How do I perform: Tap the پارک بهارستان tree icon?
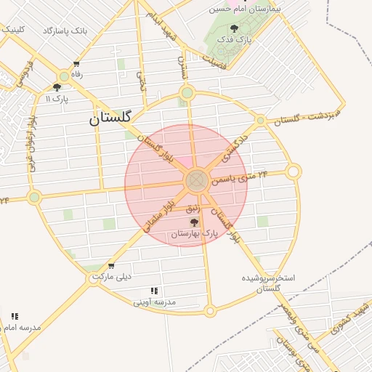tap(193, 222)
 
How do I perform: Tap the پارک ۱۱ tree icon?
tap(57, 87)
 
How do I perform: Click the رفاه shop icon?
tap(76, 64)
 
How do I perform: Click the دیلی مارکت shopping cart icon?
tap(110, 265)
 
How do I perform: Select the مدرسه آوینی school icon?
tap(155, 291)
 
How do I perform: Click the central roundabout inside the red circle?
tap(196, 180)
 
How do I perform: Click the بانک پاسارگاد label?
tap(65, 31)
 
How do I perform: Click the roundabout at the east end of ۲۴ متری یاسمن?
tap(293, 171)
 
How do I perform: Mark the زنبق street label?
tap(193, 209)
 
